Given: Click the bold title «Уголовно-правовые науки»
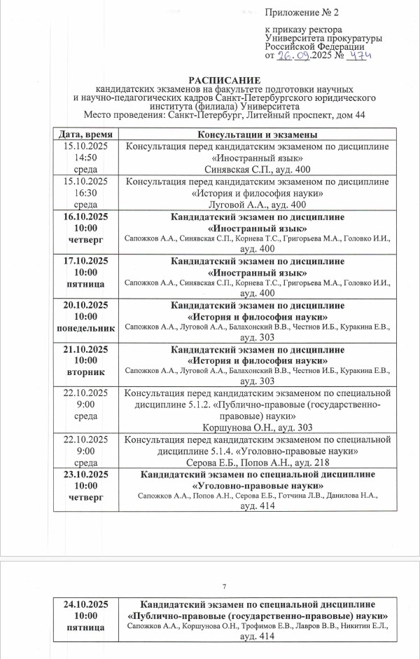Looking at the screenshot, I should (x=258, y=485).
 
